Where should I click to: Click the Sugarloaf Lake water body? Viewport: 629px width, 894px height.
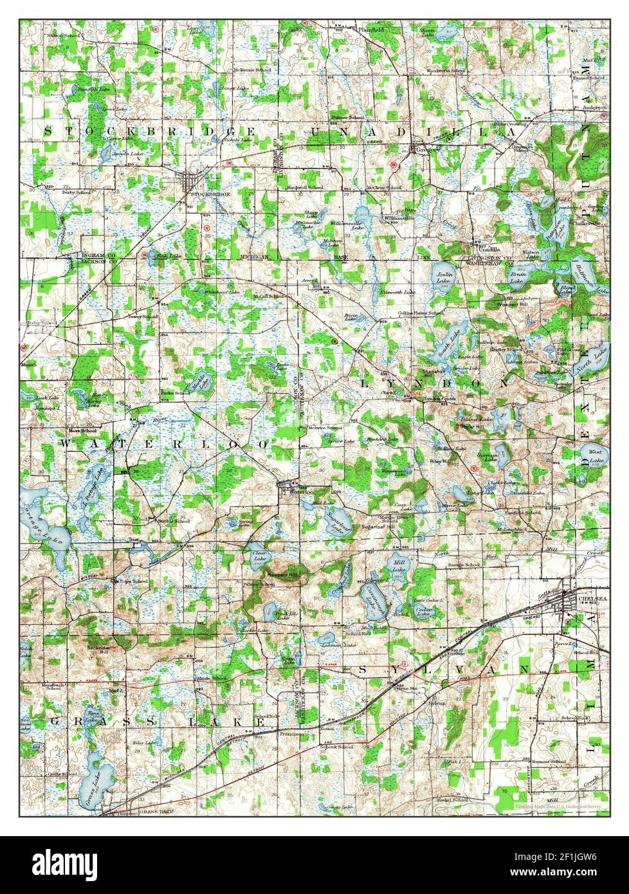coord(336,520)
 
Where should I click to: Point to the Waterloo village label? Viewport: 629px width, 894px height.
coord(300,491)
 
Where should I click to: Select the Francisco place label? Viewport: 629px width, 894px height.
coord(291,733)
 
